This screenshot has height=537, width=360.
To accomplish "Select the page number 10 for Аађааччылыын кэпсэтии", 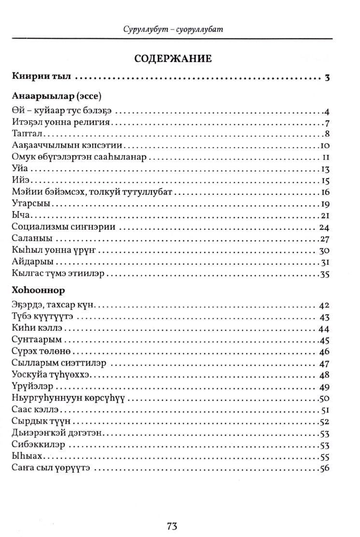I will click(325, 145).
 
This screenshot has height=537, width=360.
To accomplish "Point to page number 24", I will click(324, 227).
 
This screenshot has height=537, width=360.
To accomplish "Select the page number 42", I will click(324, 305).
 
